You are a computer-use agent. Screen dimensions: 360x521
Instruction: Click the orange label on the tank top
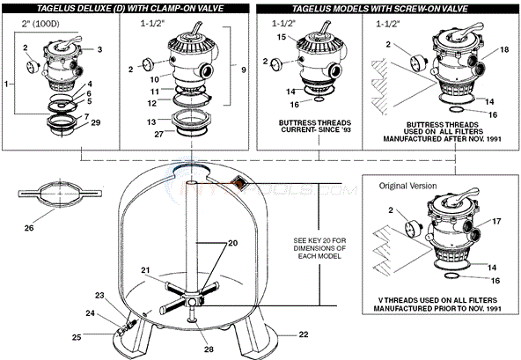[x=238, y=181]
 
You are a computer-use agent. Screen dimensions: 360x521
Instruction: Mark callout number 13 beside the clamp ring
[x=150, y=121]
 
